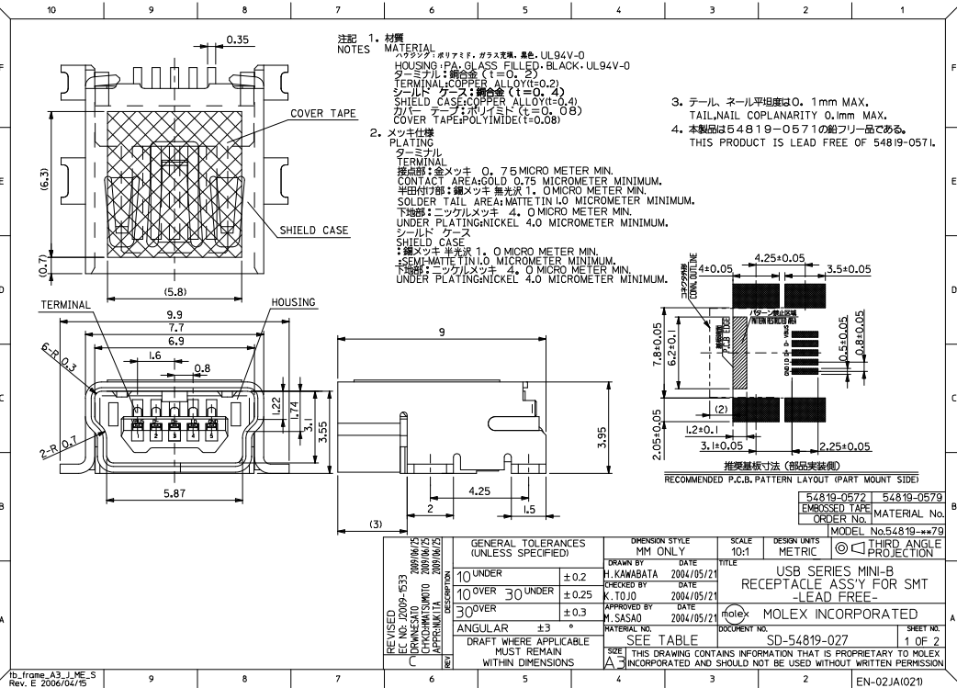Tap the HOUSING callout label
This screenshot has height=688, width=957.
pos(293,302)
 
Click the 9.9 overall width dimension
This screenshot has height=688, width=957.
pos(175,313)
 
